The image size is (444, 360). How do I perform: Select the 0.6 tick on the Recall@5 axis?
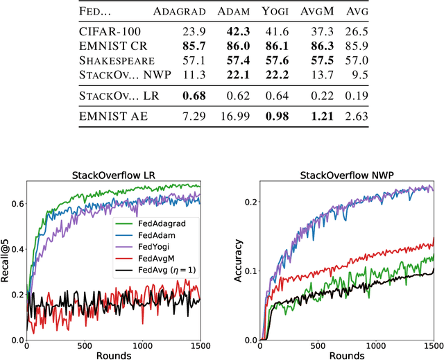[17, 203]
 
